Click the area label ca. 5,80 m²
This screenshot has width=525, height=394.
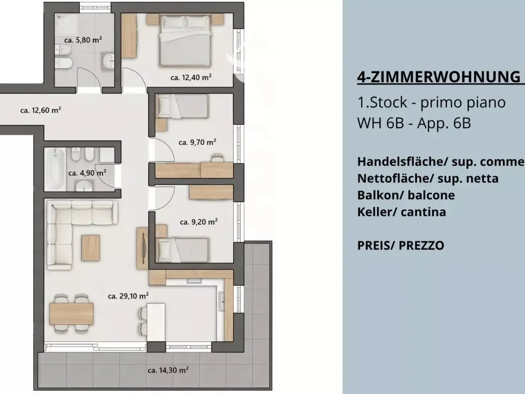click(x=83, y=40)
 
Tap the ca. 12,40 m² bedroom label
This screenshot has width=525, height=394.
click(x=191, y=78)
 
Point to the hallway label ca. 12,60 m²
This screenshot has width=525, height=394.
click(x=41, y=110)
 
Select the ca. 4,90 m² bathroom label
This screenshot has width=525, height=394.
click(x=87, y=173)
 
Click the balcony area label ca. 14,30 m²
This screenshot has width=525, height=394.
click(x=168, y=370)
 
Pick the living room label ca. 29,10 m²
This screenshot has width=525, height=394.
click(x=128, y=296)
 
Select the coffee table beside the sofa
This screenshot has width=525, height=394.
click(x=91, y=248)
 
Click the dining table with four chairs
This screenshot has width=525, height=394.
click(x=71, y=314)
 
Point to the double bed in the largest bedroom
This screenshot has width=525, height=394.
click(x=185, y=40)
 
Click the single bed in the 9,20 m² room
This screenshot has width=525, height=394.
click(x=182, y=250)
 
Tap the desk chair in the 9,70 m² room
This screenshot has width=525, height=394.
click(x=217, y=158)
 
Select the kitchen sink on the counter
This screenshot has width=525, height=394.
click(x=222, y=301)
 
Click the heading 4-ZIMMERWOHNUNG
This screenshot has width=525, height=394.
click(x=438, y=77)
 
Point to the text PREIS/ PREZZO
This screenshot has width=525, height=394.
click(x=401, y=245)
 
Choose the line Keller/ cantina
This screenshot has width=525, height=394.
click(x=402, y=212)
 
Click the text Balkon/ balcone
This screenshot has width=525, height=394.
click(x=406, y=195)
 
